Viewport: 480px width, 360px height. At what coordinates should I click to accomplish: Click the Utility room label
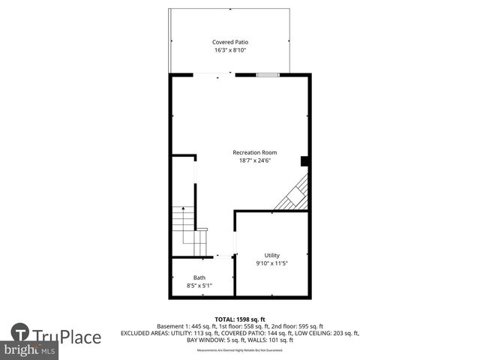click(x=271, y=255)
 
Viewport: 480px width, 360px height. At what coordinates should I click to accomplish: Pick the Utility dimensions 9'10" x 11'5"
click(x=271, y=263)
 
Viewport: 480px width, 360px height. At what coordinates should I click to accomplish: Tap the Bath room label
click(x=199, y=277)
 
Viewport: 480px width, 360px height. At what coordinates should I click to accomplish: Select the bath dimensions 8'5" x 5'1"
click(x=199, y=286)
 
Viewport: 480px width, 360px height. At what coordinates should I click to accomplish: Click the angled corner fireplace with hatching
click(x=293, y=194)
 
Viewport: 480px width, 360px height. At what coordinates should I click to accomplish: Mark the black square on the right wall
click(x=304, y=160)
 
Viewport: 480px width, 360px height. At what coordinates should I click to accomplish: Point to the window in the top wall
click(x=268, y=74)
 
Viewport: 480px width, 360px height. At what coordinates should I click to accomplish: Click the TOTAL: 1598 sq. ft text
click(x=240, y=319)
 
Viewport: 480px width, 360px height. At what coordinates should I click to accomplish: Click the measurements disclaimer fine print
click(x=240, y=350)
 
